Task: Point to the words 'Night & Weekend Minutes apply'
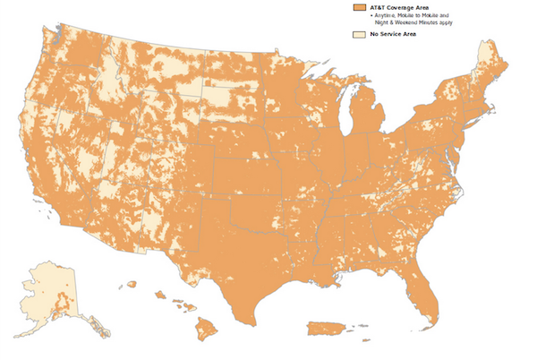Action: pyautogui.click(x=408, y=22)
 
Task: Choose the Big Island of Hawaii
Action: pyautogui.click(x=207, y=330)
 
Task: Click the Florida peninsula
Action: pyautogui.click(x=427, y=288)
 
